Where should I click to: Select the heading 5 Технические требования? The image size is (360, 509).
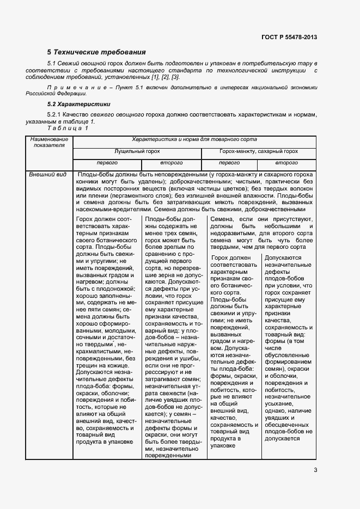click(x=96, y=52)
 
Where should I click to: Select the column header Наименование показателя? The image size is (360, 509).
click(x=49, y=142)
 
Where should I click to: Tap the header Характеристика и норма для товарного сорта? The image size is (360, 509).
click(x=194, y=139)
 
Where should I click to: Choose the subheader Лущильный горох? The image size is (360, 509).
click(x=137, y=151)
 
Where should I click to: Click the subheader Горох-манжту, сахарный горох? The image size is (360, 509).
click(x=259, y=151)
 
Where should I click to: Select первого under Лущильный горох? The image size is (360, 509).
click(x=107, y=163)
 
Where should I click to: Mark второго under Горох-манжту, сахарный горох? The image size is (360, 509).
click(x=286, y=163)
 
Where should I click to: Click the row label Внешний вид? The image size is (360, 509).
click(x=48, y=174)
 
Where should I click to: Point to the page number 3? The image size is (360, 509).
click(x=315, y=471)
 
